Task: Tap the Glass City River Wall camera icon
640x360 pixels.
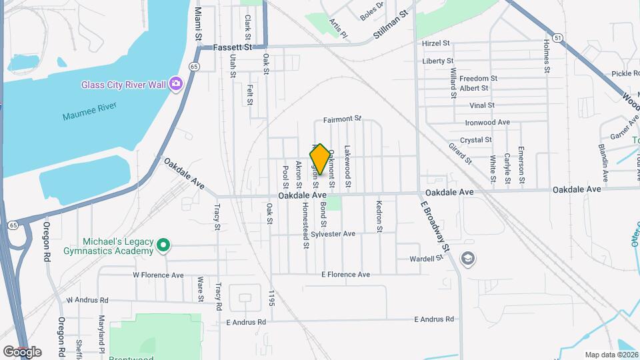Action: pyautogui.click(x=176, y=83)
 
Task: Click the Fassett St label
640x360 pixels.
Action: pyautogui.click(x=233, y=47)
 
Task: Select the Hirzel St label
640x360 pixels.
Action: pyautogui.click(x=437, y=43)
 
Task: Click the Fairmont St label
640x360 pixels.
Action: pyautogui.click(x=342, y=120)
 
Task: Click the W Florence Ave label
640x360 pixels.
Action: pyautogui.click(x=158, y=275)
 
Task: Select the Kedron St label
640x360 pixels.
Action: pyautogui.click(x=379, y=216)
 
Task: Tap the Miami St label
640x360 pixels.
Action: pyautogui.click(x=198, y=24)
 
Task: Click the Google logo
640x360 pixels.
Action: pyautogui.click(x=22, y=351)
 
